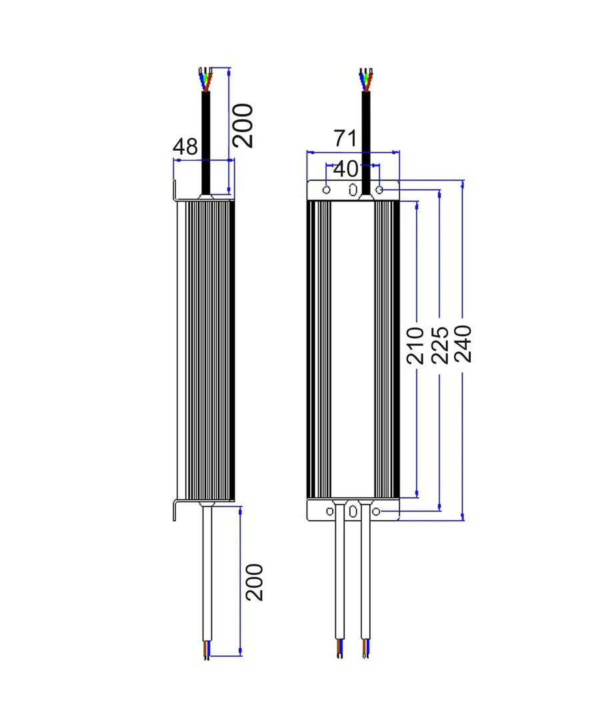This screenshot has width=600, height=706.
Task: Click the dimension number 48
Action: click(x=186, y=147)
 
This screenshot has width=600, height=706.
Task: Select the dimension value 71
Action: click(x=347, y=139)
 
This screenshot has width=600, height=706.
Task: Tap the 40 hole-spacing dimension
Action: click(x=345, y=169)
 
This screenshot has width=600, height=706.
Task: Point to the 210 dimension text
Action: click(x=416, y=345)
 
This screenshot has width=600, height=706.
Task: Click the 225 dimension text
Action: click(x=439, y=345)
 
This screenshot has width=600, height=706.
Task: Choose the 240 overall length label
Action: click(x=463, y=343)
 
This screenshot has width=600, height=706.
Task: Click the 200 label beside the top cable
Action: click(x=243, y=125)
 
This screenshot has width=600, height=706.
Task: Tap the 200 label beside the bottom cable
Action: click(x=254, y=583)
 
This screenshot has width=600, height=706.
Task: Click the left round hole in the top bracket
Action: click(x=326, y=191)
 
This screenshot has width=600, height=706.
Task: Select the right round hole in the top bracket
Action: click(x=379, y=191)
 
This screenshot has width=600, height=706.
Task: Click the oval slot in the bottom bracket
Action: click(x=353, y=512)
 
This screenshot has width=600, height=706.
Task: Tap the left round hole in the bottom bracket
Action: click(x=329, y=511)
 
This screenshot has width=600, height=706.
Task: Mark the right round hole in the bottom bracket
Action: click(x=377, y=511)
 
